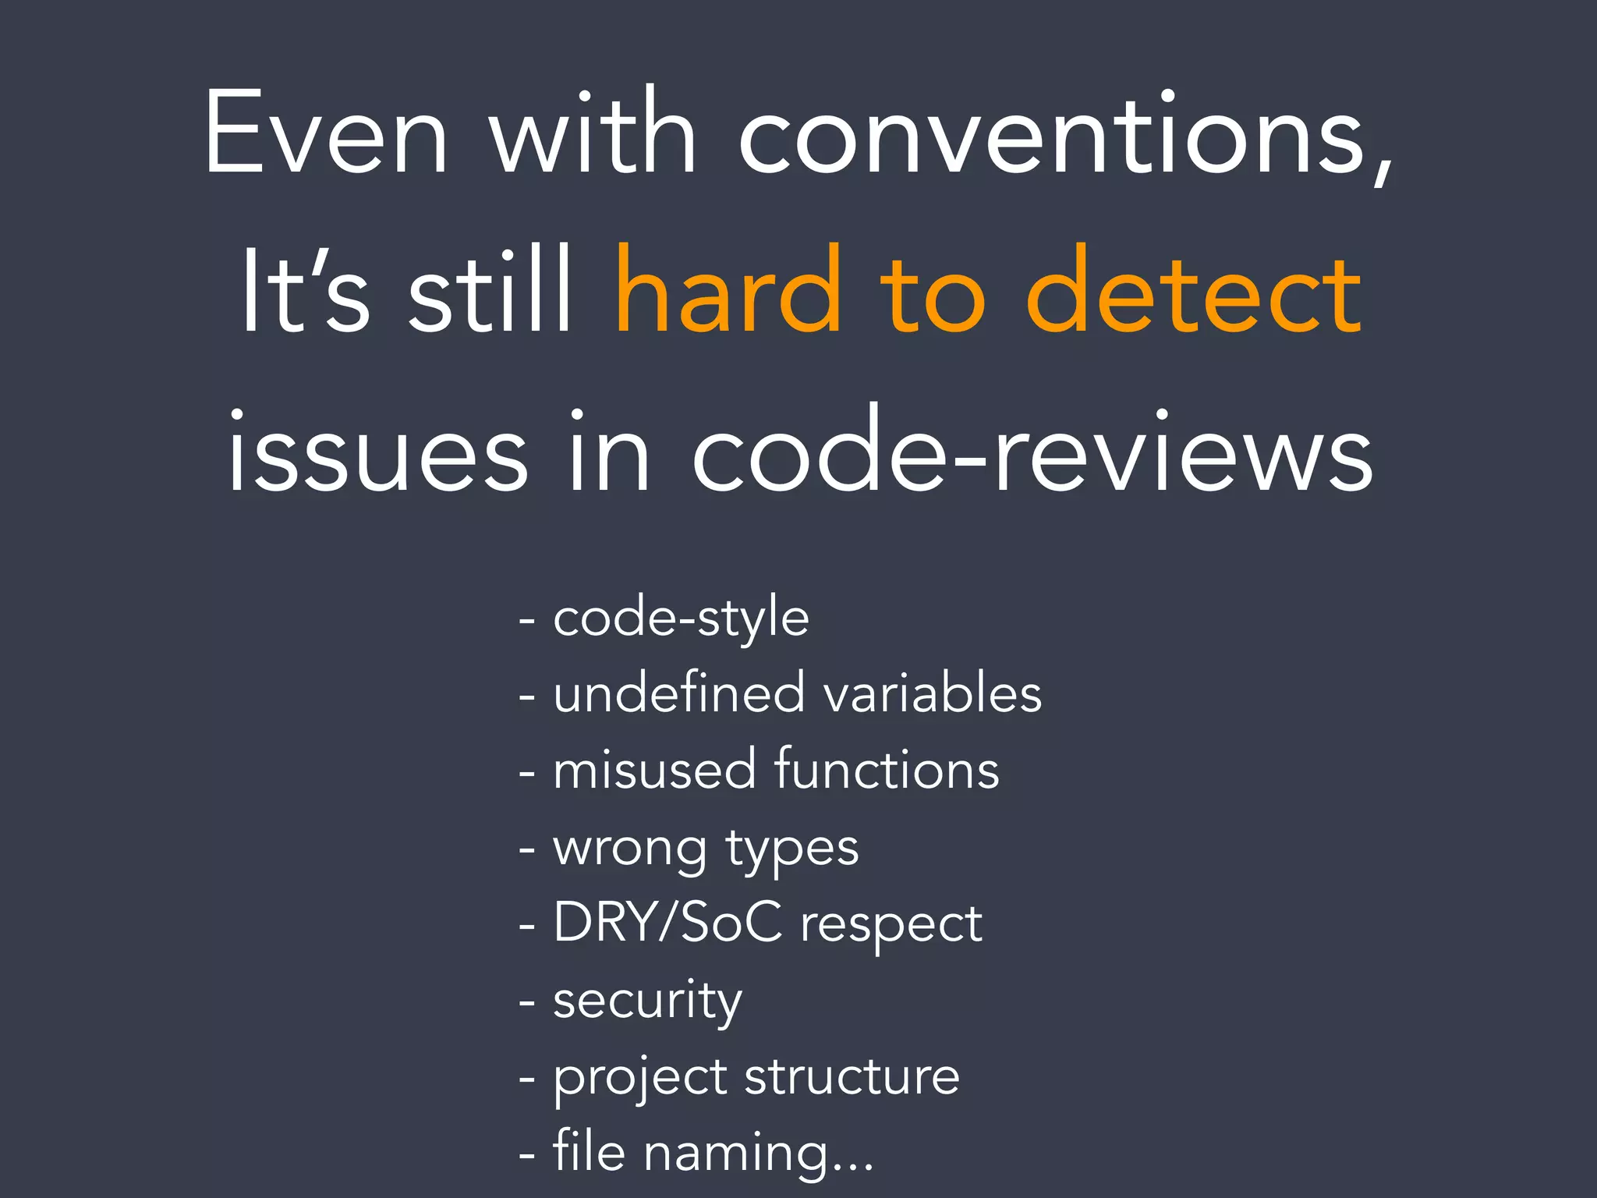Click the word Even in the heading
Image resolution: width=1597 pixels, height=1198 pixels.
tap(326, 133)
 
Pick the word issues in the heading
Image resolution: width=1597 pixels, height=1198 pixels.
tap(377, 452)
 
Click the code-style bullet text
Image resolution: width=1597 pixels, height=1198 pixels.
tap(681, 618)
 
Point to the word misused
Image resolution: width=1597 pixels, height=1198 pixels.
tap(654, 769)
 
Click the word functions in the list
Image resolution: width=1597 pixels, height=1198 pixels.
tap(887, 769)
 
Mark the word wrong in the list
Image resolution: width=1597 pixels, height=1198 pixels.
tap(629, 849)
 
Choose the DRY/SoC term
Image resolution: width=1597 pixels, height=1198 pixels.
tap(667, 922)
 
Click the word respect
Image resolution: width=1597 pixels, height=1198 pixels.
tap(891, 925)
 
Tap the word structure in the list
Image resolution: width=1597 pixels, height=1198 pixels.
tap(852, 1076)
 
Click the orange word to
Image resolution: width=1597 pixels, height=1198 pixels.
tap(933, 292)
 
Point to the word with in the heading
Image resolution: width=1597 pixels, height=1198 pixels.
tap(593, 133)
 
